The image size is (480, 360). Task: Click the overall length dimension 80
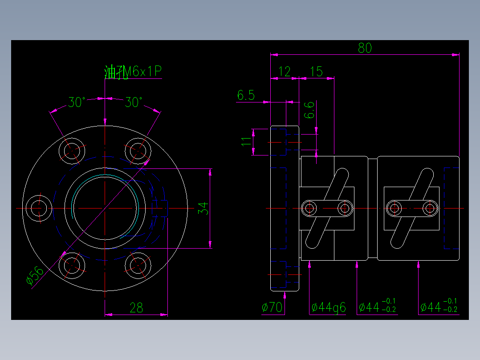click(364, 48)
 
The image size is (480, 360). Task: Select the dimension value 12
click(284, 71)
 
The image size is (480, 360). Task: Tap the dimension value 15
click(316, 71)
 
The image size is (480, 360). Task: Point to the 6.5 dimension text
click(246, 95)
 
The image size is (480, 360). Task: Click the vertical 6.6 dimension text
click(309, 110)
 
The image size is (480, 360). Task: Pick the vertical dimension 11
click(246, 142)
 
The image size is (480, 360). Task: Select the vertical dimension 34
click(203, 208)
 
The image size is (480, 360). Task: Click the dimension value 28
click(136, 307)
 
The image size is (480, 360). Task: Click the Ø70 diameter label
click(273, 307)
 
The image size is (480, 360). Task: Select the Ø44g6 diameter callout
click(329, 307)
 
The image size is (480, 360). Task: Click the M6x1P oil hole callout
click(133, 72)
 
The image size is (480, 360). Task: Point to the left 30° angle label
click(77, 102)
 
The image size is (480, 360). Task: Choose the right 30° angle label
click(134, 102)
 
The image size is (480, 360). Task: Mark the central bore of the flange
click(105, 208)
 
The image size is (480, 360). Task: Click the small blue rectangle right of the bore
click(160, 208)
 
